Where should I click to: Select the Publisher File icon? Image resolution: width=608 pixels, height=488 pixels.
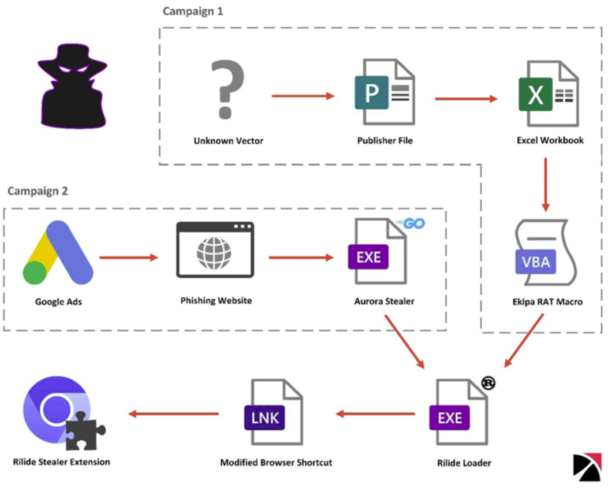click(385, 92)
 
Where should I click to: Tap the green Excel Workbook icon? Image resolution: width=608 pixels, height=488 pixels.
click(548, 94)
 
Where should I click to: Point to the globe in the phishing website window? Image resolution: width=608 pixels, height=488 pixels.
click(214, 253)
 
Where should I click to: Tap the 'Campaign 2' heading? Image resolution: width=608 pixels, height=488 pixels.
click(38, 191)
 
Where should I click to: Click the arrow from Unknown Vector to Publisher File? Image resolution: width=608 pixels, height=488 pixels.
click(303, 96)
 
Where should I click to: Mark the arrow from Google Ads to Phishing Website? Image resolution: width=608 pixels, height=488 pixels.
click(128, 257)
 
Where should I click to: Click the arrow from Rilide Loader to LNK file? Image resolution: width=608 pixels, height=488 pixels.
click(376, 414)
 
